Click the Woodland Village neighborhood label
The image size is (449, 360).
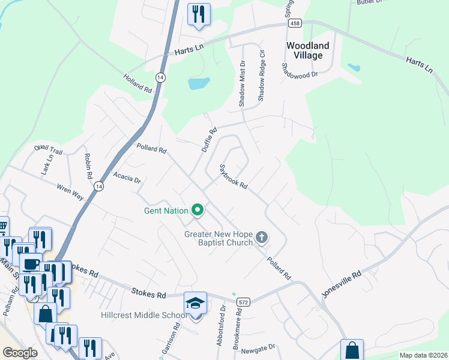(308, 50)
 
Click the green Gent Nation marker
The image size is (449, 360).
(197, 210)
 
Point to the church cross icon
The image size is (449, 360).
(261, 238)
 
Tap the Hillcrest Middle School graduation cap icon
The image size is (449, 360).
(196, 304)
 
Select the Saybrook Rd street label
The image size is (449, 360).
(234, 177)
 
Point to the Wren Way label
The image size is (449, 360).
(70, 193)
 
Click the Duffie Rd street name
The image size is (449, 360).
(209, 139)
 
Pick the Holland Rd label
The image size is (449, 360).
(138, 83)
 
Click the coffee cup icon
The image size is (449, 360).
(32, 263)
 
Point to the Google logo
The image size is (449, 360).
(20, 353)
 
